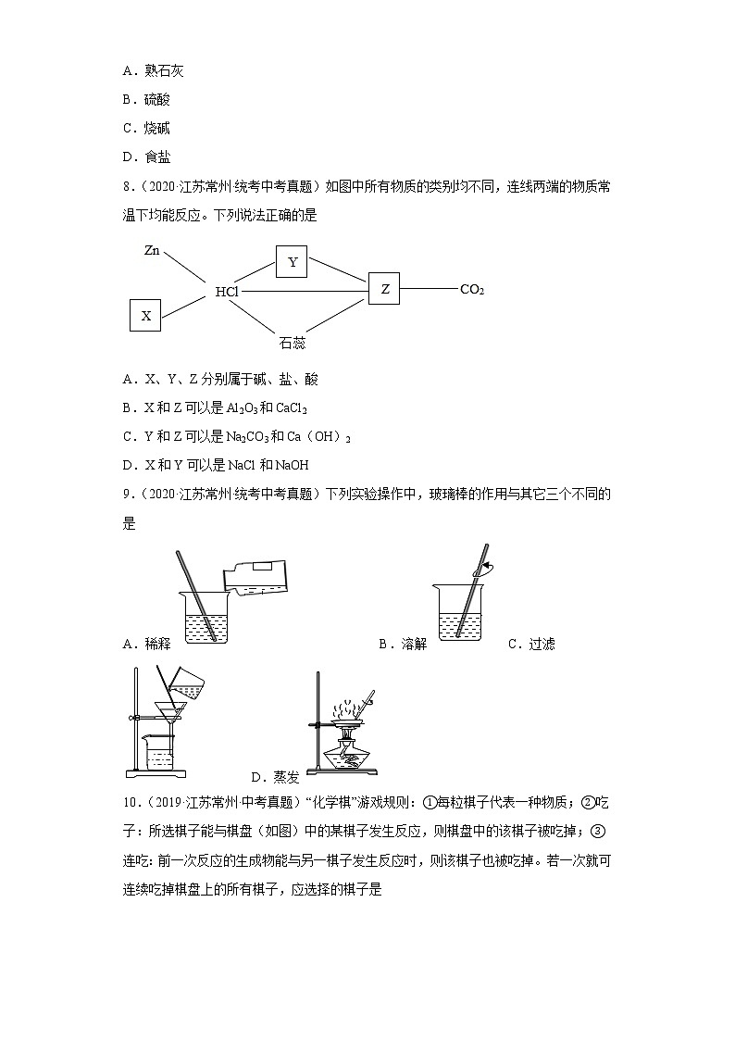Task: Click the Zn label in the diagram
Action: click(x=154, y=251)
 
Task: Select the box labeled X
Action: click(x=145, y=315)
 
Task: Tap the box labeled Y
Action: click(x=293, y=261)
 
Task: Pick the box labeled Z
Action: click(x=384, y=289)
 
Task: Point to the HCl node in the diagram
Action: click(x=227, y=291)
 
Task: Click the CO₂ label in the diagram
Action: click(x=472, y=290)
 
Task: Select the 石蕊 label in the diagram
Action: click(x=292, y=343)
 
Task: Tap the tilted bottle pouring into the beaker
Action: click(x=251, y=578)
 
